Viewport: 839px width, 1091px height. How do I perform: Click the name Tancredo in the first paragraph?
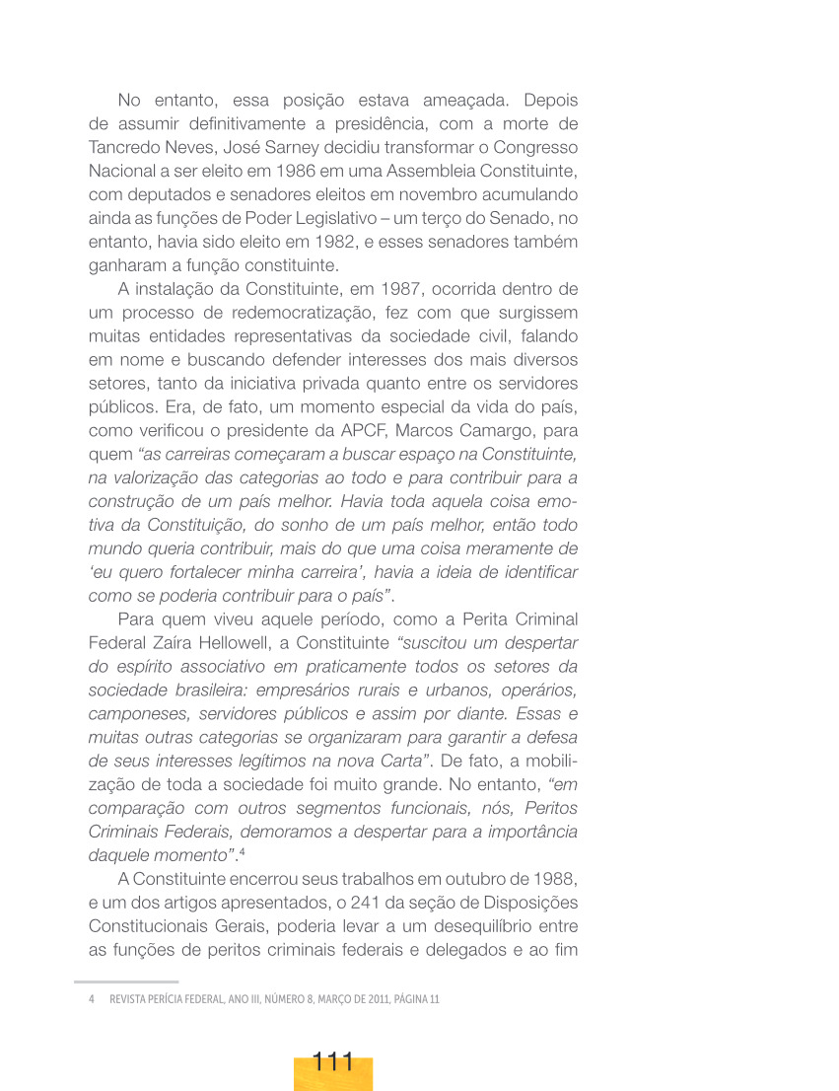[x=126, y=147]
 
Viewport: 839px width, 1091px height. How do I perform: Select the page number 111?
[x=333, y=1063]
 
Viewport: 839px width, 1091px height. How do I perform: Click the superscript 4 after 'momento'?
[x=242, y=849]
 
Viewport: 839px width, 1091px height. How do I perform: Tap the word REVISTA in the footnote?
[x=128, y=999]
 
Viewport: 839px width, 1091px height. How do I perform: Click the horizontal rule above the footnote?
[x=126, y=982]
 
